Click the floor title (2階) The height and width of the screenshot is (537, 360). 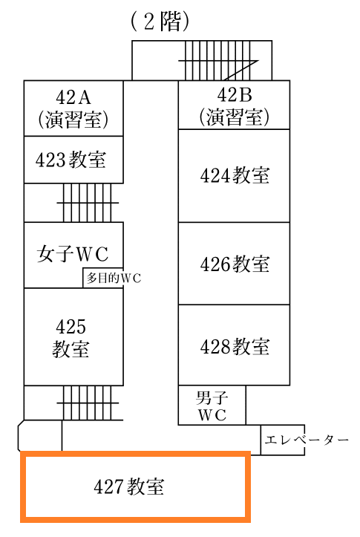click(x=160, y=22)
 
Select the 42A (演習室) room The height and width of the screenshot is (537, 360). click(x=73, y=108)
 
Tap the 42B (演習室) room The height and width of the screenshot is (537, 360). click(x=234, y=105)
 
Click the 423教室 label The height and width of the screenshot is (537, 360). click(x=71, y=160)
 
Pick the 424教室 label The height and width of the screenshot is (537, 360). click(x=235, y=175)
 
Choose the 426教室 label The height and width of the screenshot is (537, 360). click(x=235, y=264)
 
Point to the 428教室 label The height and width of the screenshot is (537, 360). click(x=235, y=347)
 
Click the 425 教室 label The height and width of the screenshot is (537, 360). click(x=71, y=338)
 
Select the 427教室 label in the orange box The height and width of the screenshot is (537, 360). click(x=129, y=486)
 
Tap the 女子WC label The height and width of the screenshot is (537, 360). click(x=73, y=254)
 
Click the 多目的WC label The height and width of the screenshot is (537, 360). click(x=114, y=278)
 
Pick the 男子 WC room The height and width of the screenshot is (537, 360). click(x=212, y=406)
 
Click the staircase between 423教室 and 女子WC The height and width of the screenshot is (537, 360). click(x=88, y=203)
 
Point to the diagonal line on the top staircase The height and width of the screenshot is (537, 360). click(x=240, y=71)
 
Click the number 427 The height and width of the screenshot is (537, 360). click(x=108, y=486)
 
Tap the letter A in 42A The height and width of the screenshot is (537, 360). click(x=84, y=97)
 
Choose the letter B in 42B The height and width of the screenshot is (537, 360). click(x=245, y=95)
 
